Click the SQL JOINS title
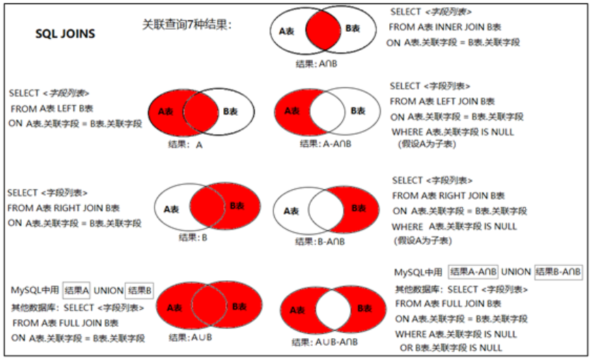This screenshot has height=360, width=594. [65, 32]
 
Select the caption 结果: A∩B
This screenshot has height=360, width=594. [320, 63]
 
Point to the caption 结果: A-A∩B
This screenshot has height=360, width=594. [325, 143]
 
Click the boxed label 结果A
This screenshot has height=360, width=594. [77, 289]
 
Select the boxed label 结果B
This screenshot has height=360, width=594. [140, 289]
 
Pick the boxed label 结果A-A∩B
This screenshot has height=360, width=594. [473, 272]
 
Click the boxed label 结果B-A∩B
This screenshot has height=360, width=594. [558, 272]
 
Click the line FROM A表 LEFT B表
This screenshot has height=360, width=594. [52, 108]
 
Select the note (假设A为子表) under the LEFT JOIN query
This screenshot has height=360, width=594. [427, 143]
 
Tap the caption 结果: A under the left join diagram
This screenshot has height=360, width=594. [185, 144]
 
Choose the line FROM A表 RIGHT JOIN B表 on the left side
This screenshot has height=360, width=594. [64, 208]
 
